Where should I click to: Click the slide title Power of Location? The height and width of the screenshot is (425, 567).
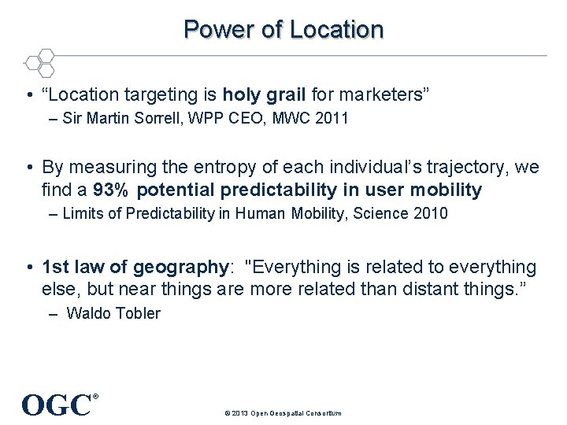coord(283,30)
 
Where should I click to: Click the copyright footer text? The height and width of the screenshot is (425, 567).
coord(283,413)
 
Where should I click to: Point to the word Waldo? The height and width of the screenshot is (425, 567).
coord(87,313)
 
